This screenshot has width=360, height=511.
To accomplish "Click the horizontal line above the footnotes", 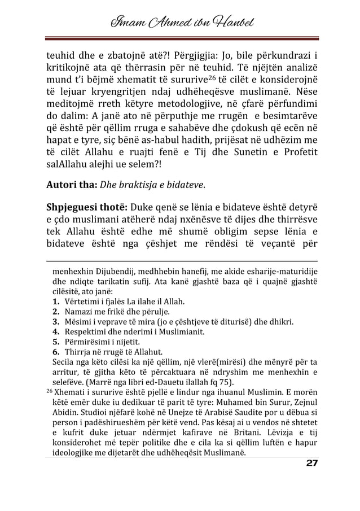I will click(x=179, y=261).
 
